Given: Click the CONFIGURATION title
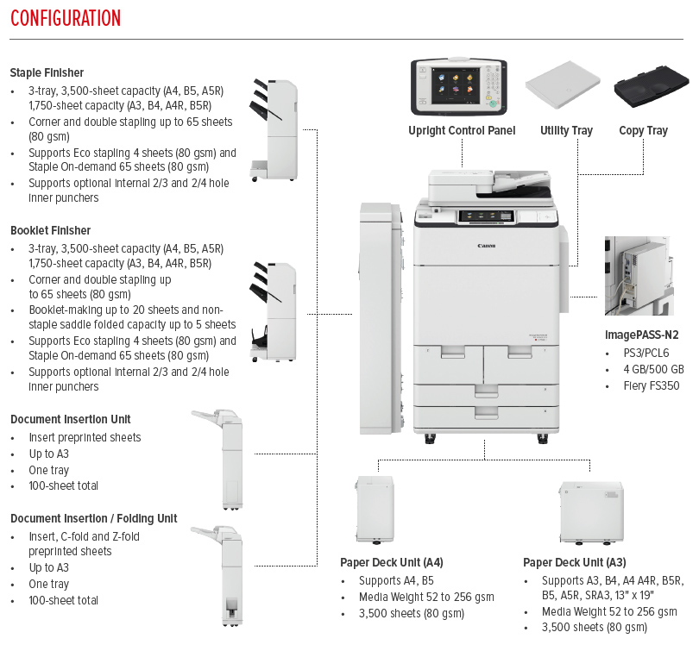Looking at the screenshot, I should click(x=66, y=18).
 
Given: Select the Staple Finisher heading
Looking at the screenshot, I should click(x=47, y=72).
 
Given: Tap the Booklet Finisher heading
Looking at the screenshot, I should click(x=50, y=230).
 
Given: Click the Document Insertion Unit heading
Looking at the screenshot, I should click(x=71, y=419).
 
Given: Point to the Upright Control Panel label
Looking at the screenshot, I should click(x=462, y=131).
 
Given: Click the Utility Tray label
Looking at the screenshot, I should click(x=566, y=131).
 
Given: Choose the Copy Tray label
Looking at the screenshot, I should click(x=643, y=131).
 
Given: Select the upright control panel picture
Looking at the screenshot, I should click(x=457, y=86).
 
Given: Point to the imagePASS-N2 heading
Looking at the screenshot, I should click(x=642, y=335).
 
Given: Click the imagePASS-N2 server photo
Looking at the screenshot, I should click(x=639, y=275).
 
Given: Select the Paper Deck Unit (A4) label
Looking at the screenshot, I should click(x=392, y=562).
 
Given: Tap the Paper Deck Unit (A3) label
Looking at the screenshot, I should click(x=575, y=562).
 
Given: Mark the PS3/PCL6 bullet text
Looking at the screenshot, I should click(x=645, y=353).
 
